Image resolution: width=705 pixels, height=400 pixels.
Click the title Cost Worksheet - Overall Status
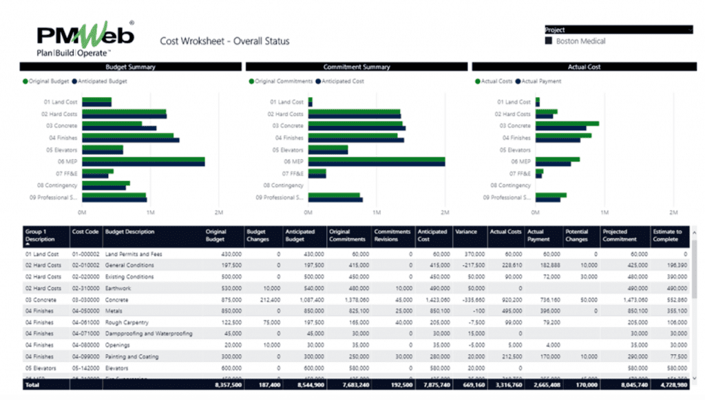pos(224,41)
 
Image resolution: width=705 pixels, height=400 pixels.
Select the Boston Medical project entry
pos(580,41)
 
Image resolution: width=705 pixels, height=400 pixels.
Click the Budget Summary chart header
pos(130,67)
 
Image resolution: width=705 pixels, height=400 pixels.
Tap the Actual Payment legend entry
pos(541,81)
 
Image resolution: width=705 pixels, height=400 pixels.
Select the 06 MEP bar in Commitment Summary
pos(376,162)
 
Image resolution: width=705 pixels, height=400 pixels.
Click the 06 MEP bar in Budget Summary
pos(143,162)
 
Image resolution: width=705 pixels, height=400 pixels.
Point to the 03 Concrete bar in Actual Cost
pos(567,126)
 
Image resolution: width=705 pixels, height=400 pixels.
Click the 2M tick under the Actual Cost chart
pos(674,212)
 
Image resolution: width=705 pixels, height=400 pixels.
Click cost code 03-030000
pos(86,300)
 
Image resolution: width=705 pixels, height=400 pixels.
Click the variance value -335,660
pos(471,300)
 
